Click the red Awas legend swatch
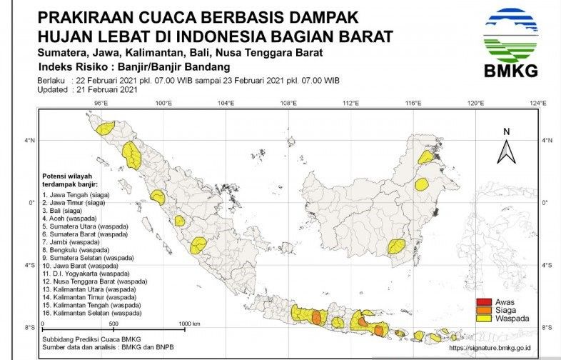pos(483,301)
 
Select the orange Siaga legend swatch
pos(483,309)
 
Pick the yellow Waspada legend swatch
pos(483,318)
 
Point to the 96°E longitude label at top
pos(101,104)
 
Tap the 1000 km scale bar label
pos(190,324)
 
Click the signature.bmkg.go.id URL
pos(495,349)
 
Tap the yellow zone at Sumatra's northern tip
pos(106,128)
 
